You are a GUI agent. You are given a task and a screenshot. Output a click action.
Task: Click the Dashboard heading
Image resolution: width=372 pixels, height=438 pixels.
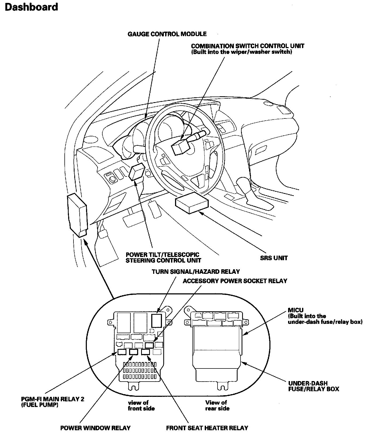31,7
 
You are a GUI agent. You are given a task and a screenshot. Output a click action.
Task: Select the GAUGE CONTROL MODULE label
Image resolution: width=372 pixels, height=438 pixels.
167,34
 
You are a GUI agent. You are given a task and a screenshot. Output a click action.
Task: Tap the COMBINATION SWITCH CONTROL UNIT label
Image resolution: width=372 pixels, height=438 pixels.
247,46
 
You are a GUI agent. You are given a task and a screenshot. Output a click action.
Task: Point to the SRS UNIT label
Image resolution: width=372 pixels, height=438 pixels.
274,258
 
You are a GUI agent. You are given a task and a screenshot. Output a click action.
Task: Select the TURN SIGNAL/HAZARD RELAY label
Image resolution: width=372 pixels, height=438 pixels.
196,272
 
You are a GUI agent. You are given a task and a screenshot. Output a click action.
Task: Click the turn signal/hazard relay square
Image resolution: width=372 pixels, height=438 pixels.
157,320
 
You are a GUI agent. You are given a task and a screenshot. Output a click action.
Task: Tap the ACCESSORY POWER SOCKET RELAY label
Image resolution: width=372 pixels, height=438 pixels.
235,281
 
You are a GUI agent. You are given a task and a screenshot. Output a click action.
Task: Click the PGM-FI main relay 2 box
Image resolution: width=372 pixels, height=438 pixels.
122,352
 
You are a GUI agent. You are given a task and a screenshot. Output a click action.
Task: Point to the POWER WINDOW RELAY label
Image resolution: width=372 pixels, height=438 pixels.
95,428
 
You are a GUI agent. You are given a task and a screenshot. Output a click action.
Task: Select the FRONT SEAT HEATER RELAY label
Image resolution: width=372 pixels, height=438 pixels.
207,428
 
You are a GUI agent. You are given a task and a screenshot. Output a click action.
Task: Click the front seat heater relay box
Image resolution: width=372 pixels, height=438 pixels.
145,352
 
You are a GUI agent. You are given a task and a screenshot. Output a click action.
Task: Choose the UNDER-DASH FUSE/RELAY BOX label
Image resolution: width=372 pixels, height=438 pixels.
313,386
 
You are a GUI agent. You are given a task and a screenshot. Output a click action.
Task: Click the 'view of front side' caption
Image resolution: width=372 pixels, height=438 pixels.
141,405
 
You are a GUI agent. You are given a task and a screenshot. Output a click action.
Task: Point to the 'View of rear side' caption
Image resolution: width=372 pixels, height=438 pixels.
217,405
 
